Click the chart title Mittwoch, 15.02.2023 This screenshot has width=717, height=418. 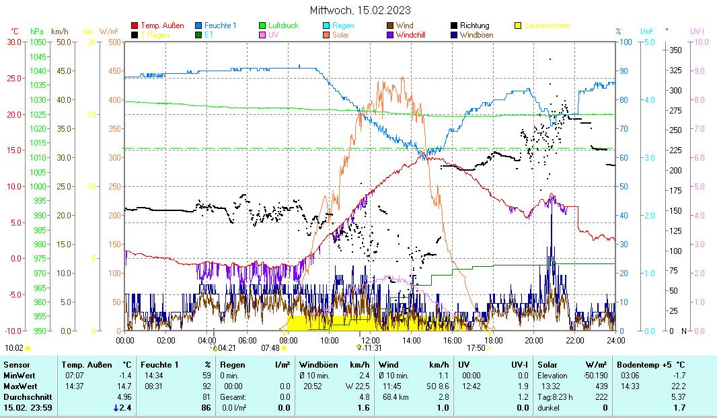361,10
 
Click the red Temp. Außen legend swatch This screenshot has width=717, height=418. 135,26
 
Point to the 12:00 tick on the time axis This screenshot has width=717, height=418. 370,340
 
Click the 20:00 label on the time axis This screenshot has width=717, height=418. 533,340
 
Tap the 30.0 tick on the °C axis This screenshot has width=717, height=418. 14,42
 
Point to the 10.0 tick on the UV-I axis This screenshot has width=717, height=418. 700,42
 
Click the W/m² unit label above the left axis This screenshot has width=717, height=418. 108,32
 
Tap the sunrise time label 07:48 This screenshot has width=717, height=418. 270,348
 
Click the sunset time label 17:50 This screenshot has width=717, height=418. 476,348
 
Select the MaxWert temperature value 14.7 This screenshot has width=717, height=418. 124,386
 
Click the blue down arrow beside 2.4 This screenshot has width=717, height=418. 116,408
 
